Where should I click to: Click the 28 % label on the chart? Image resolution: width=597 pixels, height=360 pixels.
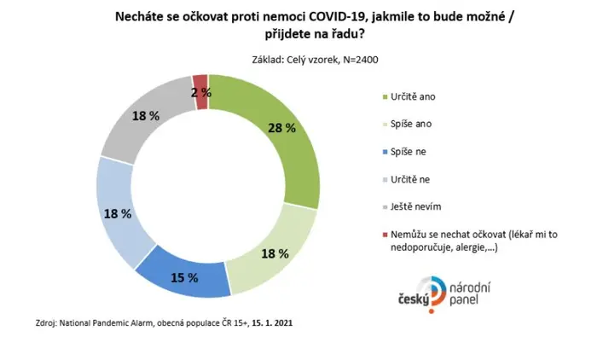281,128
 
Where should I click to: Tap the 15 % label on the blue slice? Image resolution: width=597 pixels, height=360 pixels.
184,278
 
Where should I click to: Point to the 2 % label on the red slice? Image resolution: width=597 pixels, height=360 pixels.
201,93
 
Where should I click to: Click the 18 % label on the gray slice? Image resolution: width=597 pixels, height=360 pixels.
146,116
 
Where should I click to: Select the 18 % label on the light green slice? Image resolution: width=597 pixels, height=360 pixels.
275,253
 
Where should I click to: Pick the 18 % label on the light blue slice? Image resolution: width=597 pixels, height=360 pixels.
118,214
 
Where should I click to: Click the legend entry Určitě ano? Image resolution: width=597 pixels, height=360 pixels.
413,96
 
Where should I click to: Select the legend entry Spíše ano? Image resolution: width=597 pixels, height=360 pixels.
411,125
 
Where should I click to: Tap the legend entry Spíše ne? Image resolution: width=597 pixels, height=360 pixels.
409,152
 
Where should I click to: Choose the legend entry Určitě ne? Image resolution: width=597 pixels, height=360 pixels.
410,179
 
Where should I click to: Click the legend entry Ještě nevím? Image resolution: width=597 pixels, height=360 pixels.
416,206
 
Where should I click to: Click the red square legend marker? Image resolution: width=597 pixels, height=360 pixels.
385,235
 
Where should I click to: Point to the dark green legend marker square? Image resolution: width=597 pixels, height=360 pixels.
385,96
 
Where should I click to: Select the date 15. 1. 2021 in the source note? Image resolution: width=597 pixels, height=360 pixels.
272,323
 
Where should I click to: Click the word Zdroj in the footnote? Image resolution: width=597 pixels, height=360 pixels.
46,323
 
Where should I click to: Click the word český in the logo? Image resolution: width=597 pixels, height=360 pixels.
414,300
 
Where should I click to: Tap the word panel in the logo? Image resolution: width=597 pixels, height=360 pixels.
463,299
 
